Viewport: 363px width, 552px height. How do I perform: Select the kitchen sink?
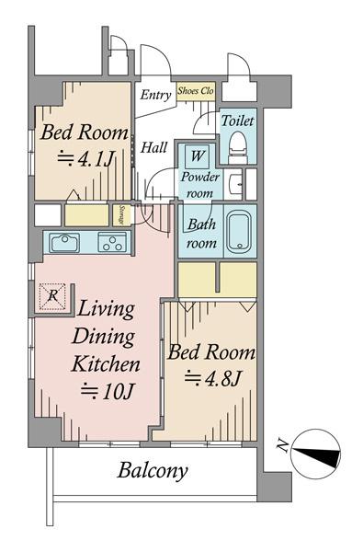(64, 243)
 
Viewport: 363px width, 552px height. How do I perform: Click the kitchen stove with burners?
(112, 244)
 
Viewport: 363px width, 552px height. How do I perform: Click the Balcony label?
(153, 472)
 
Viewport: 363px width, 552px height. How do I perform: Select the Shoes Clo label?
(195, 91)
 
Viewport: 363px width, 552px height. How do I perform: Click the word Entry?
(154, 94)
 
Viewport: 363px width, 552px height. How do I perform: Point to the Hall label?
(153, 147)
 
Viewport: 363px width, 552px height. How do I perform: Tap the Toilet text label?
(237, 120)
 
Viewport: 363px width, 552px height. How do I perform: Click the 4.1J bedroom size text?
(85, 158)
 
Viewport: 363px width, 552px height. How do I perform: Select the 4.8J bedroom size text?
(213, 377)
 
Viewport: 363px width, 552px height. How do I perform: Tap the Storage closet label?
(122, 215)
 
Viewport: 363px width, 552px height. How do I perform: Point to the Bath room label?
(201, 234)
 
